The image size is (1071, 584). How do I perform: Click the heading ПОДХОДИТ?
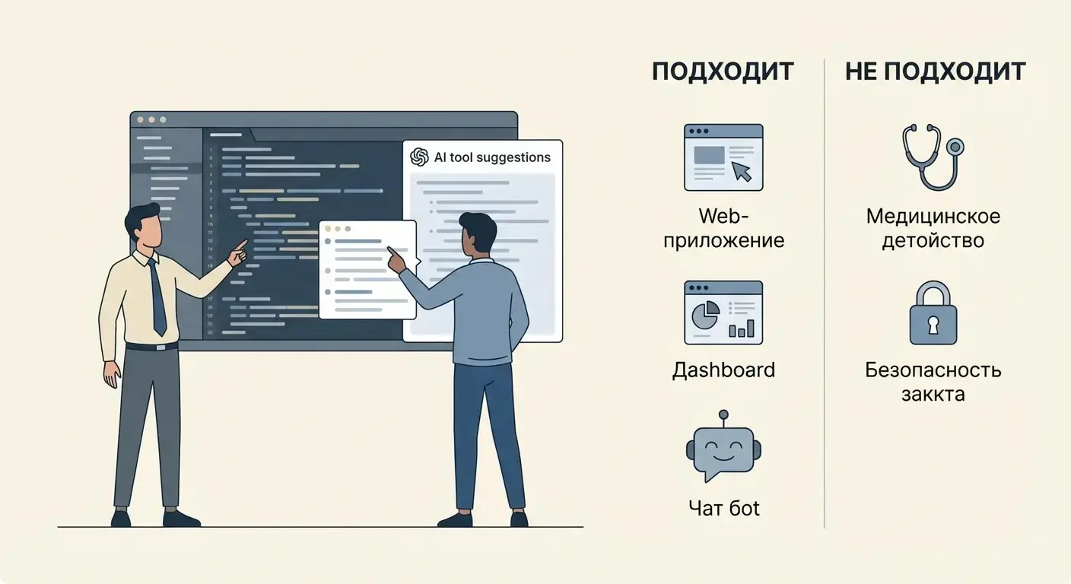(x=723, y=71)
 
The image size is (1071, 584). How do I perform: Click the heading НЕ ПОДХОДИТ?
(x=935, y=71)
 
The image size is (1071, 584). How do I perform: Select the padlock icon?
(x=933, y=313)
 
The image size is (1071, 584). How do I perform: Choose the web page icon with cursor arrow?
(x=723, y=157)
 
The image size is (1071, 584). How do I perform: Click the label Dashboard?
(x=723, y=370)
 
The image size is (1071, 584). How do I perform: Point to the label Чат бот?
(x=723, y=507)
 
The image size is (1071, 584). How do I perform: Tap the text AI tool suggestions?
(x=492, y=157)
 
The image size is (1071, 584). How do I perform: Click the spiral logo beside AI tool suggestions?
(x=419, y=157)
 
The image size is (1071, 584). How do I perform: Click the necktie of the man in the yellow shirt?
(x=157, y=297)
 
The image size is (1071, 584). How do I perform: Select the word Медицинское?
(x=933, y=216)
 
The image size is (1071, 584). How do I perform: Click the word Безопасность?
(x=933, y=370)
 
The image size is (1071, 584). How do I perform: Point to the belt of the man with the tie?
(x=151, y=347)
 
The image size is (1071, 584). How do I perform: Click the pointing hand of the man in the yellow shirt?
(x=239, y=252)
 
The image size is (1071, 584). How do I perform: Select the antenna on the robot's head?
(x=723, y=415)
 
